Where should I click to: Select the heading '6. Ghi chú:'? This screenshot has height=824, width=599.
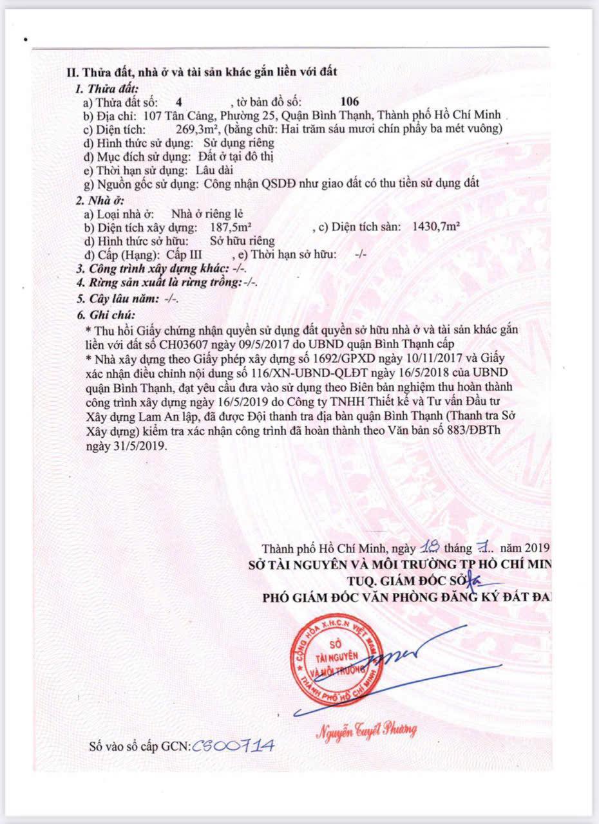click(106, 315)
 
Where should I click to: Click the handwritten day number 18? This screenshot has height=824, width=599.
click(428, 548)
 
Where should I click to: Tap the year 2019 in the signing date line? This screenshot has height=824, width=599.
click(535, 548)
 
